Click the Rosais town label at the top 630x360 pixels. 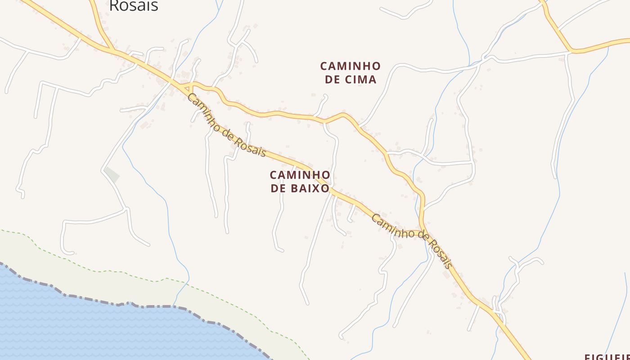point(134,5)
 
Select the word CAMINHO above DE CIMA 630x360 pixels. point(350,66)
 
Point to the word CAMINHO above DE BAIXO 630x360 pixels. point(300,175)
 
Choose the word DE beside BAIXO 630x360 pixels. point(279,188)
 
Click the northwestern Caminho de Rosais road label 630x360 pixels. point(226,126)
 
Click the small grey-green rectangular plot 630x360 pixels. point(112,175)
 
